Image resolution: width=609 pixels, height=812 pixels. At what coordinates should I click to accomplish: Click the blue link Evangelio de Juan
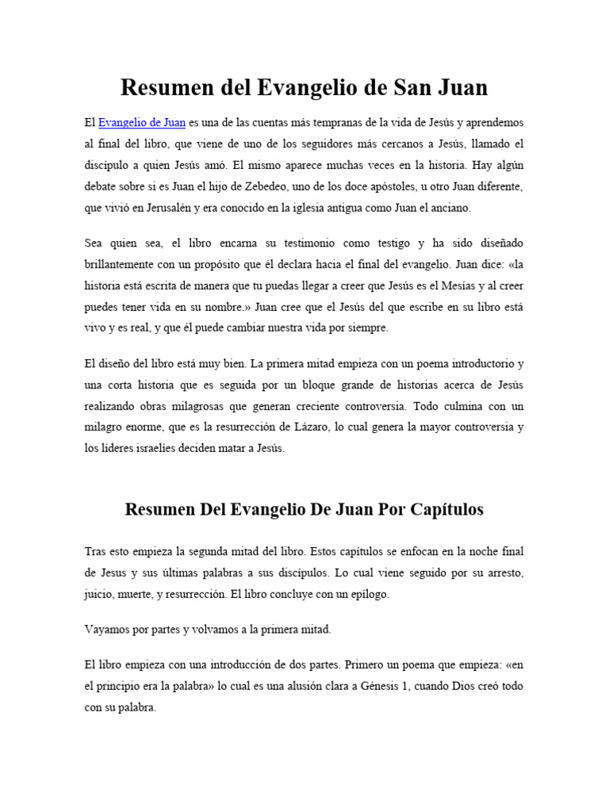142,122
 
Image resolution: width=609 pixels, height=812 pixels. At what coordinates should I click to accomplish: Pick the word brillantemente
123,263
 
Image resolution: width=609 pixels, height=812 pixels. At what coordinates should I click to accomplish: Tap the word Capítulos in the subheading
442,510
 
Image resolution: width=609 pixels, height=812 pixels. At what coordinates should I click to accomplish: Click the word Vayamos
106,630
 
